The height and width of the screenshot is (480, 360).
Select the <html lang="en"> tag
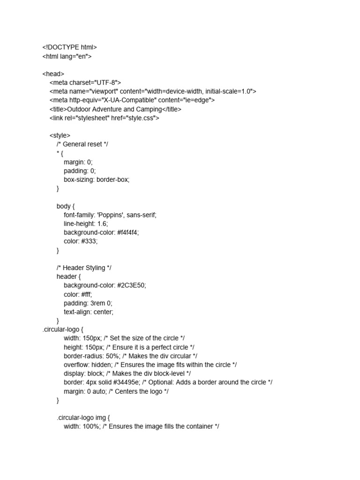pos(67,56)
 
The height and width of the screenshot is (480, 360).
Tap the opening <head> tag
pos(53,74)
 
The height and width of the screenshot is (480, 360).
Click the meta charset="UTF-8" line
pos(85,82)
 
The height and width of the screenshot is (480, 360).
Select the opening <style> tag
pos(60,135)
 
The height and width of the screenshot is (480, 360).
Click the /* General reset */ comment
pos(82,144)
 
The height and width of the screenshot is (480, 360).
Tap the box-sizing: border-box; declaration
pos(97,180)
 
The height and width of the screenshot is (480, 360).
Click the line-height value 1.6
pos(102,224)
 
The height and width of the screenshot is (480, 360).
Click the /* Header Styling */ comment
pos(84,268)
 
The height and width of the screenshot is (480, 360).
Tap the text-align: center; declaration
pos(89,312)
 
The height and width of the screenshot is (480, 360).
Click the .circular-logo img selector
pos(83,417)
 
